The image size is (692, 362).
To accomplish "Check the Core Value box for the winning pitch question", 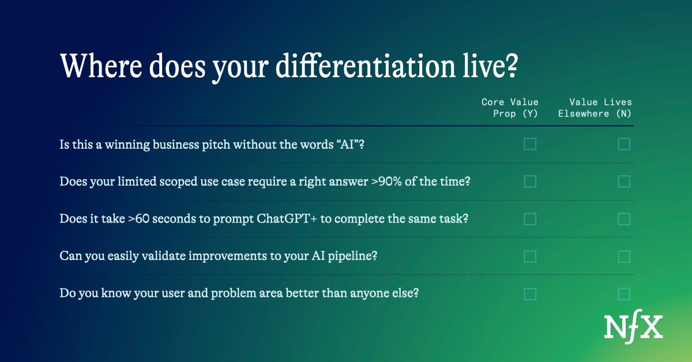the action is click(x=530, y=144).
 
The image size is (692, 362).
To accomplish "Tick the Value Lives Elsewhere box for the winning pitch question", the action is click(x=624, y=144).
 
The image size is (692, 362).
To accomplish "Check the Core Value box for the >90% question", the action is click(x=530, y=182).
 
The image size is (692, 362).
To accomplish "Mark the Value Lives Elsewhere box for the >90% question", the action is click(x=624, y=182).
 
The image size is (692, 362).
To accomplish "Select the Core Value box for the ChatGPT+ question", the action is click(x=530, y=219).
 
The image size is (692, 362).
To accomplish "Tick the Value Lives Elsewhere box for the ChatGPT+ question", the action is click(x=624, y=219).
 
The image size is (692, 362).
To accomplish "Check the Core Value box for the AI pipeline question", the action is click(x=530, y=257).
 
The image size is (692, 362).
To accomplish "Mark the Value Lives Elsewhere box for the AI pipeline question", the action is click(x=624, y=257).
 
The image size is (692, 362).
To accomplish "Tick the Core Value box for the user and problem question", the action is click(x=530, y=294).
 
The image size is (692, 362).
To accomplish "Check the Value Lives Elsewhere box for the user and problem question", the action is click(x=624, y=294).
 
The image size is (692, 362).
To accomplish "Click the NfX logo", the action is click(x=633, y=327).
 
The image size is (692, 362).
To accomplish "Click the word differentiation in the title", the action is click(x=366, y=66).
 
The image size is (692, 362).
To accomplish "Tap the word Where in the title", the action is click(x=101, y=66).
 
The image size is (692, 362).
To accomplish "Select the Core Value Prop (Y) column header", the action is click(x=510, y=108).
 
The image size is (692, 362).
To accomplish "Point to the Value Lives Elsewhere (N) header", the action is click(x=595, y=108).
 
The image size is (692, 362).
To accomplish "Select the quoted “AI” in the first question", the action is click(x=347, y=144).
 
